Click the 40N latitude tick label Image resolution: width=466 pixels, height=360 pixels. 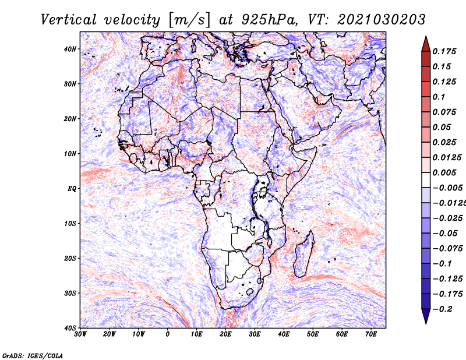70,49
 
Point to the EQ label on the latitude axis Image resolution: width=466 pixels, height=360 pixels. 72,189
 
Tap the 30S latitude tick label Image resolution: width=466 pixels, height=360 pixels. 70,294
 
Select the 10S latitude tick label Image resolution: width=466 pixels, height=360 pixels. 70,224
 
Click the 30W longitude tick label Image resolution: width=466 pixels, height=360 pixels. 80,334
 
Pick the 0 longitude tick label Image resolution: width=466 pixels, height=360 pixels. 168,334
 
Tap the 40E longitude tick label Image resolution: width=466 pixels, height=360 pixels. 284,334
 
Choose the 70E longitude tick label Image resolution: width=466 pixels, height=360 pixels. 371,334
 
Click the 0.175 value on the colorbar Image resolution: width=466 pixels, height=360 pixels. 444,52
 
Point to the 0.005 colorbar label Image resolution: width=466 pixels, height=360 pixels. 444,172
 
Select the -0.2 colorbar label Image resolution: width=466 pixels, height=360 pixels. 443,309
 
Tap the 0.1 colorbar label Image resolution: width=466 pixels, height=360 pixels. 439,97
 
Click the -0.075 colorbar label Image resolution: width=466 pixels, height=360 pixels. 447,249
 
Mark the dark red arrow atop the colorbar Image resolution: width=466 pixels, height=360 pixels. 426,44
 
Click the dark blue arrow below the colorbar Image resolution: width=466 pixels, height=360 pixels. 426,316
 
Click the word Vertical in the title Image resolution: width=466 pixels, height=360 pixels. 69,20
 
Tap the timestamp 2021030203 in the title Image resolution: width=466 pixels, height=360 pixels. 382,20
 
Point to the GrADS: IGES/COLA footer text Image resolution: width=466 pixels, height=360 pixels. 33,356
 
